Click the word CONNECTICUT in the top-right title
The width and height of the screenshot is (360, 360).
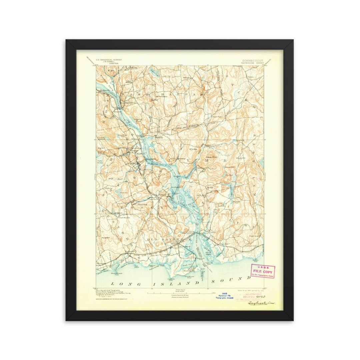(252, 61)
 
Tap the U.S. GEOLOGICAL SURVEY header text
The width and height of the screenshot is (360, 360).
(109, 60)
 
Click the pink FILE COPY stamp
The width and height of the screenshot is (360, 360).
(263, 271)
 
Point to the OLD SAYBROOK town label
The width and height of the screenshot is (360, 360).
(169, 239)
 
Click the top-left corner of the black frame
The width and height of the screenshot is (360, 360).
(66, 40)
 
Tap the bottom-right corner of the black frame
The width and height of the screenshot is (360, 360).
(293, 320)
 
